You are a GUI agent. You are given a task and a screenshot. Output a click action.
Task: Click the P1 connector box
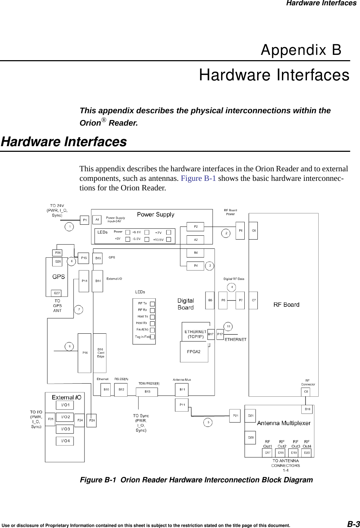click(x=85, y=220)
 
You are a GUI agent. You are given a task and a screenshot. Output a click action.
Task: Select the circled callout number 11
click(x=228, y=326)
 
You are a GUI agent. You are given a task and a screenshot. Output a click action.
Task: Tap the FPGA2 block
click(x=194, y=351)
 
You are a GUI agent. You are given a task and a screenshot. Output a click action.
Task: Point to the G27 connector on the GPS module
click(x=57, y=293)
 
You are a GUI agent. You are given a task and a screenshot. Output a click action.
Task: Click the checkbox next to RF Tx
click(x=152, y=304)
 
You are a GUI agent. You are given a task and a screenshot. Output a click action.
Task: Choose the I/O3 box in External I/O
click(x=65, y=429)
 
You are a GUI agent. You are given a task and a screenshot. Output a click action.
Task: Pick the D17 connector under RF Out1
click(x=268, y=453)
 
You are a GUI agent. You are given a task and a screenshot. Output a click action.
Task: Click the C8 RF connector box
click(x=306, y=392)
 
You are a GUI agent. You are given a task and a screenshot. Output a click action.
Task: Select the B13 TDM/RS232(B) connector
click(x=147, y=391)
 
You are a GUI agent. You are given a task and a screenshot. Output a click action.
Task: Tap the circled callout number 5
click(x=208, y=422)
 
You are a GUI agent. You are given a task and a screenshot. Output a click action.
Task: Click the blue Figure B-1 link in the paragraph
click(x=198, y=178)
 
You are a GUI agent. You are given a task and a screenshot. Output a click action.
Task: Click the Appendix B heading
click(x=301, y=50)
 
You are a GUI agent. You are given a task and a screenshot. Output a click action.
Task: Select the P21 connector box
click(x=236, y=416)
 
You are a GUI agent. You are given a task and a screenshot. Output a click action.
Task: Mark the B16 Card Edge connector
click(x=100, y=353)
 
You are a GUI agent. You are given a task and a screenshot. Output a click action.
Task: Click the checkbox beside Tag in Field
click(x=152, y=337)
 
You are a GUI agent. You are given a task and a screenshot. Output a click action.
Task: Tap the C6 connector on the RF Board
click(x=254, y=231)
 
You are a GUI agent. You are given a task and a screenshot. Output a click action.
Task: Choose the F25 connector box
click(x=51, y=419)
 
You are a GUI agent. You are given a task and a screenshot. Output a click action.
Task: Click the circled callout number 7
click(x=79, y=310)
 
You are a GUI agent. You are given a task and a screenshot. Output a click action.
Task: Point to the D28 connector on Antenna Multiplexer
click(x=250, y=437)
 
